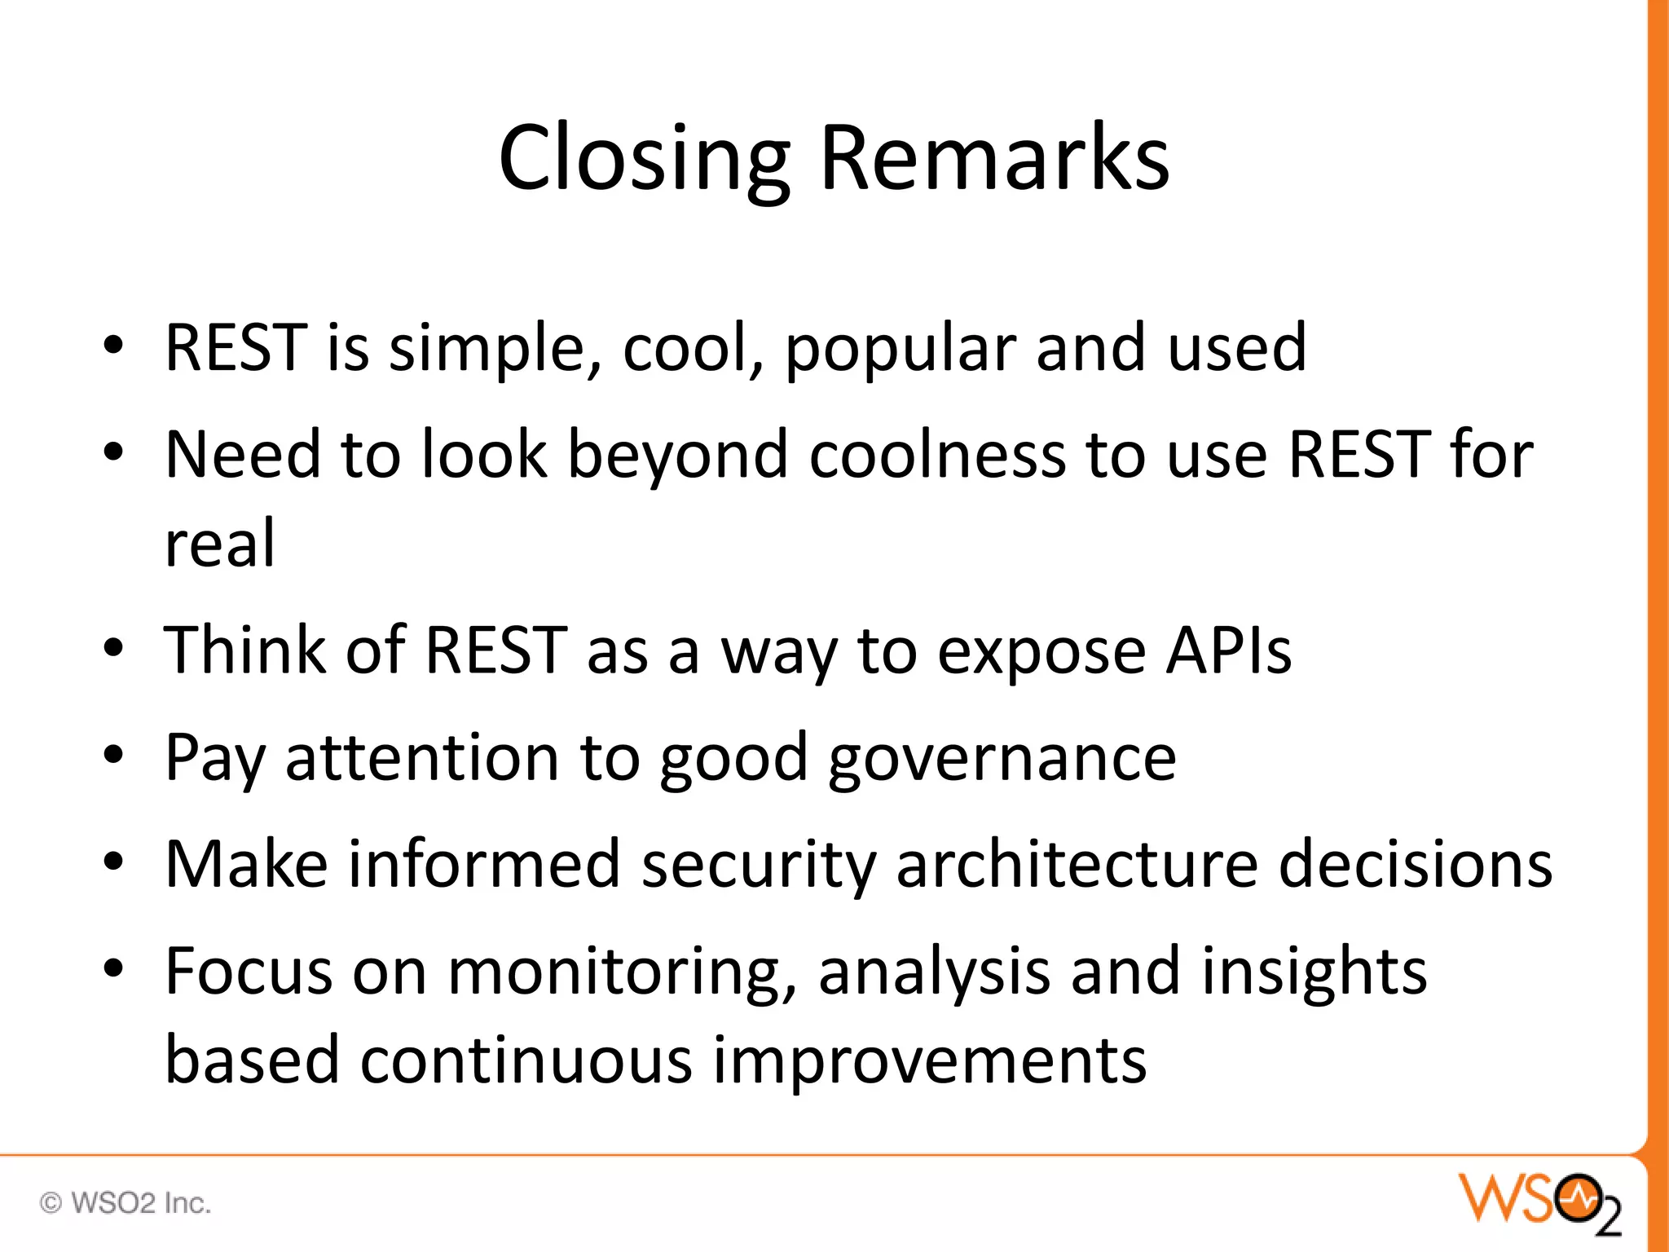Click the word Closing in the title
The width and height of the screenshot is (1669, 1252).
(x=644, y=159)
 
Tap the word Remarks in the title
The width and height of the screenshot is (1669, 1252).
(x=994, y=159)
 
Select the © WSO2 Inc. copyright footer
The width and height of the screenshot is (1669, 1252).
(x=126, y=1203)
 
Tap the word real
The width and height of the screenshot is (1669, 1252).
(x=219, y=544)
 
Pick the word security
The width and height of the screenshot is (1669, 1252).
(x=759, y=864)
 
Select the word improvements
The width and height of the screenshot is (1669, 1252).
(x=929, y=1061)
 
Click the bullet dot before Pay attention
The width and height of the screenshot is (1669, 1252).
(x=113, y=754)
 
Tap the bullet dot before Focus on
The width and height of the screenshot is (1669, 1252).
(x=113, y=968)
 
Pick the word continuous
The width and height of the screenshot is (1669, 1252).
(x=526, y=1061)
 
